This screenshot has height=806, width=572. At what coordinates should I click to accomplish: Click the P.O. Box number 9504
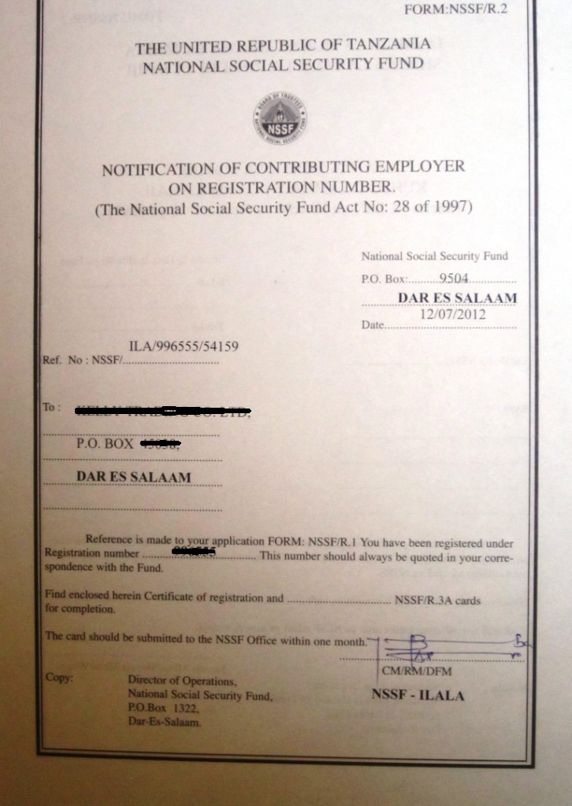tap(455, 277)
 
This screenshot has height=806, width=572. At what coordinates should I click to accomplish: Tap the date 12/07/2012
tap(452, 314)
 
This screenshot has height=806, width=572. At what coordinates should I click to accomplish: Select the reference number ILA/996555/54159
tap(184, 346)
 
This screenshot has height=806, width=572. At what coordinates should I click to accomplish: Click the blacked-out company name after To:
tap(162, 411)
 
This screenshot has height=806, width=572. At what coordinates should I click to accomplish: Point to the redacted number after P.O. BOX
tap(160, 444)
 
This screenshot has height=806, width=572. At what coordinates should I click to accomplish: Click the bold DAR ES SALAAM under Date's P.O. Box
tap(458, 298)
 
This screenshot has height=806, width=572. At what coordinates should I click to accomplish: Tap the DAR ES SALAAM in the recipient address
tap(133, 477)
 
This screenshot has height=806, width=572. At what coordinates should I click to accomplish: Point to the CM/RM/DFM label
tap(417, 672)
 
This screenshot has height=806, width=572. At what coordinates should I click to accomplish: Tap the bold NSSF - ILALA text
tap(418, 696)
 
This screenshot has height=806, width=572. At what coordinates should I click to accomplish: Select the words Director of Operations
tap(181, 681)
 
